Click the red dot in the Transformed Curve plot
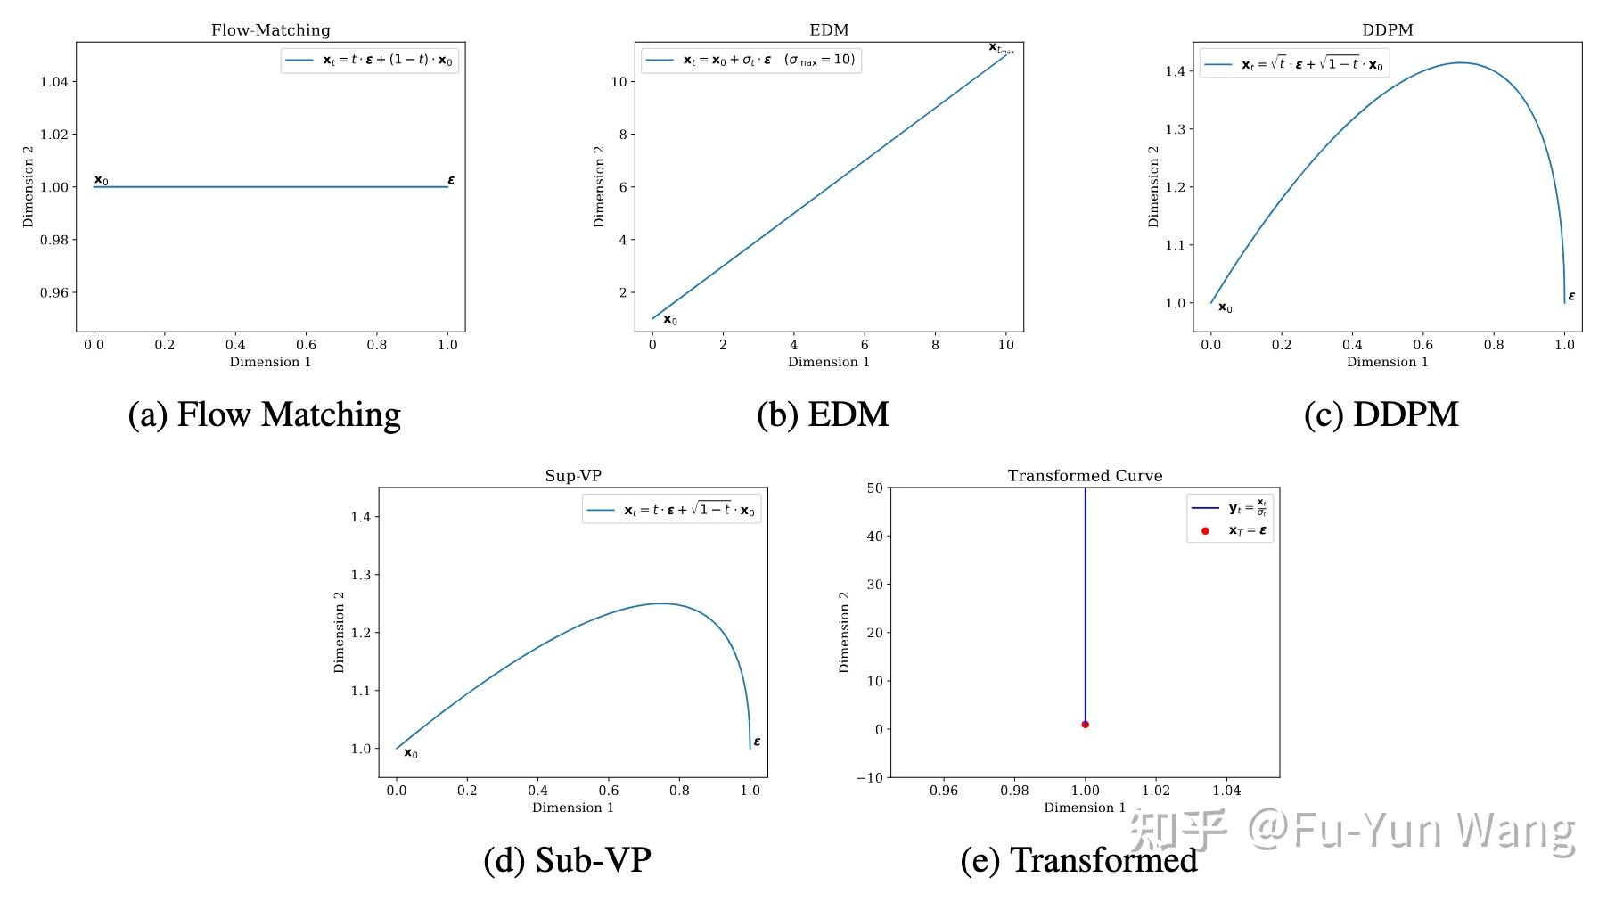coord(1085,725)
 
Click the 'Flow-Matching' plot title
coord(270,30)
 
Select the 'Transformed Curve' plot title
coord(1085,476)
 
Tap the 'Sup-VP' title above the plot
coord(573,476)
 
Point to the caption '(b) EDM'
coord(823,414)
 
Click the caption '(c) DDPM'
coord(1381,414)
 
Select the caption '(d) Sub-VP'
coord(567,860)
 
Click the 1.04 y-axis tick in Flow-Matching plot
coord(59,82)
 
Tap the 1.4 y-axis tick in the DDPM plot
coord(1176,71)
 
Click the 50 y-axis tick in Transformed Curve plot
coord(873,488)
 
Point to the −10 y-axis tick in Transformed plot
coord(869,778)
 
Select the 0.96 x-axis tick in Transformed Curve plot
coord(943,791)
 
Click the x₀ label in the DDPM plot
coord(1226,308)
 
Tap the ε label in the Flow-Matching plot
coord(451,180)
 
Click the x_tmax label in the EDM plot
coord(1001,48)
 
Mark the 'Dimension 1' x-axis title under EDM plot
coord(828,362)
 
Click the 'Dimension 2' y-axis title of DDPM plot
coord(1153,187)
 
